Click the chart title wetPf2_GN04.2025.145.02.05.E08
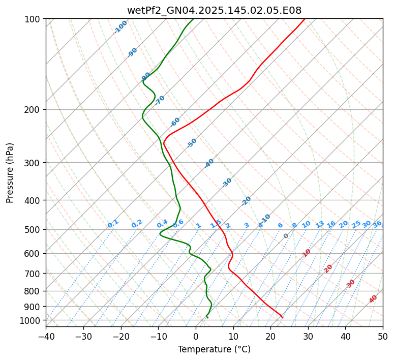(x=214, y=10)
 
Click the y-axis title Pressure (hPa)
(x=10, y=173)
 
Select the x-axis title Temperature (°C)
(x=214, y=350)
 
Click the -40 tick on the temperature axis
(x=46, y=337)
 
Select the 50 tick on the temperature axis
(x=383, y=337)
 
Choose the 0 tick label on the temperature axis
(x=196, y=337)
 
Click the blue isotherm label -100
(x=120, y=27)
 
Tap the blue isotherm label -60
(x=175, y=122)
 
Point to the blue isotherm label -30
(x=227, y=182)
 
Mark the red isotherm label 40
(x=373, y=299)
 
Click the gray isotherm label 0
(x=286, y=236)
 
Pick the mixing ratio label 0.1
(x=113, y=223)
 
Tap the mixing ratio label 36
(x=377, y=224)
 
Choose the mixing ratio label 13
(x=320, y=224)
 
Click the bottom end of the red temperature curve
(x=283, y=318)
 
